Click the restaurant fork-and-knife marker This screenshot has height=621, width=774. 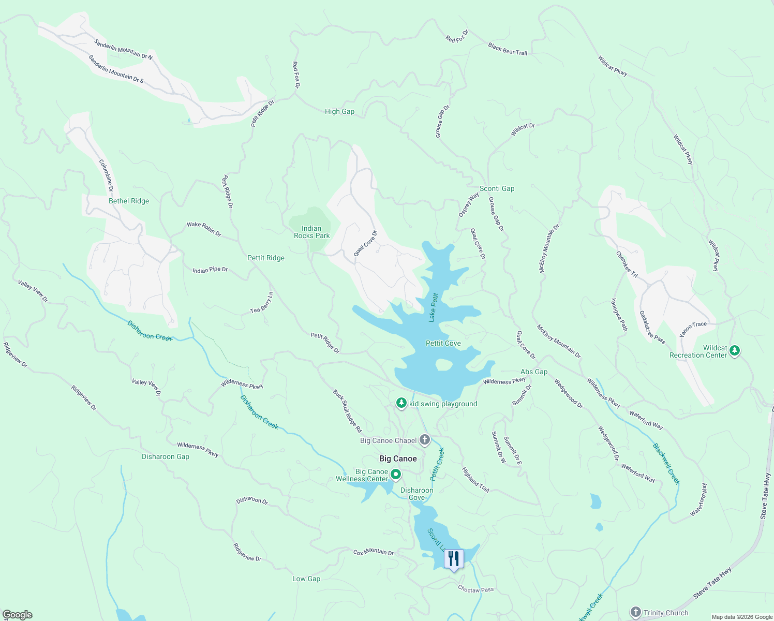coord(453,559)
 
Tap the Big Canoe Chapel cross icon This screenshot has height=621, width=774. coord(425,440)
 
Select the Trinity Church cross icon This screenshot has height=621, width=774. coord(636,613)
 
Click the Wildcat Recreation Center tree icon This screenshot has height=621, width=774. coord(735,351)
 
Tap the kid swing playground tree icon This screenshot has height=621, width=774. coord(401,403)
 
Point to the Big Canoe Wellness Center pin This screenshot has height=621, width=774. coord(396,474)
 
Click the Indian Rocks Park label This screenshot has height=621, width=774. coord(311,232)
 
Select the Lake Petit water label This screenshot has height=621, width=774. coord(434,307)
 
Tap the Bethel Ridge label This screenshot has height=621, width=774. coord(129,201)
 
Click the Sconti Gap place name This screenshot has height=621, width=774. coord(497,188)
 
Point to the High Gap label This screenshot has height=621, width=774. coord(339,111)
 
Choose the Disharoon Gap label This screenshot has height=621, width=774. coord(166,456)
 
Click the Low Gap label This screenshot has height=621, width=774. coord(306,579)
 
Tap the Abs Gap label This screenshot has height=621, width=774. coord(534,372)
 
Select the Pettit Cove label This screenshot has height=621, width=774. coord(443,343)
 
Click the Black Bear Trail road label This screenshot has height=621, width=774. coord(508,50)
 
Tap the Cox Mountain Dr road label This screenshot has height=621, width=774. coord(374,552)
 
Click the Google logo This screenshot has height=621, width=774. coord(18,614)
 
